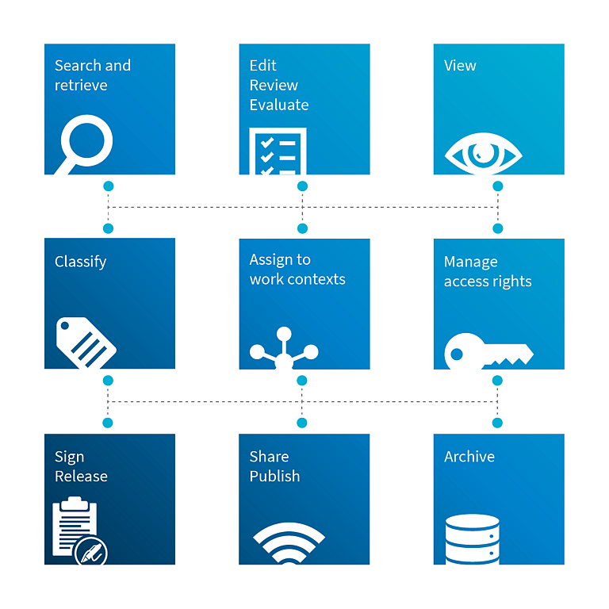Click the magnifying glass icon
tap(86, 142)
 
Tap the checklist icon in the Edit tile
tap(278, 151)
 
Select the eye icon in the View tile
tap(483, 154)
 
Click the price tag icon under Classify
tap(86, 343)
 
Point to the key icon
tap(488, 351)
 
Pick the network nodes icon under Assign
tap(284, 348)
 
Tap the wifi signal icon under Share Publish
tap(289, 543)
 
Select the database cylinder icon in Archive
tap(473, 539)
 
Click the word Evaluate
tap(279, 105)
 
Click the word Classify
tap(80, 262)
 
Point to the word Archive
tap(469, 457)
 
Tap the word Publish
tap(274, 476)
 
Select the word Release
tap(81, 477)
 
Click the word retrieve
tap(81, 86)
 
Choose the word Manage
tap(471, 262)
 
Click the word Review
tap(274, 86)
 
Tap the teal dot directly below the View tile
tap(498, 186)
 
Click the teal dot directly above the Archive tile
tap(497, 423)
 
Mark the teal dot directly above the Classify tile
tap(109, 228)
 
